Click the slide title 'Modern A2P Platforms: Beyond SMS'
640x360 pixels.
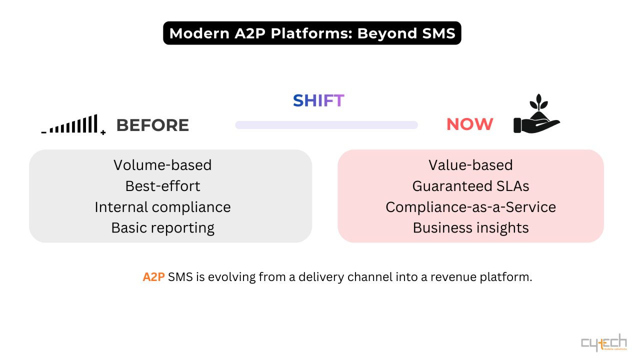click(x=312, y=33)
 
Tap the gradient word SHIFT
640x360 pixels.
click(x=318, y=100)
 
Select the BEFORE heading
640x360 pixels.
click(x=152, y=125)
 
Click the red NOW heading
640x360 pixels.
click(x=469, y=124)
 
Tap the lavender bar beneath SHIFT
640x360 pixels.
click(x=326, y=125)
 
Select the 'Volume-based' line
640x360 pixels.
click(x=162, y=165)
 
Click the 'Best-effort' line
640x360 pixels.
click(x=162, y=186)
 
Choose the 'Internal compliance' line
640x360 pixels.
click(x=162, y=207)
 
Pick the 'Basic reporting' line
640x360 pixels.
click(x=162, y=228)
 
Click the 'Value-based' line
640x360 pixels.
click(x=470, y=165)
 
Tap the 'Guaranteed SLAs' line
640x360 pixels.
click(x=470, y=186)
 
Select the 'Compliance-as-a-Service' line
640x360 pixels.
click(x=470, y=207)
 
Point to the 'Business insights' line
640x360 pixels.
click(x=470, y=228)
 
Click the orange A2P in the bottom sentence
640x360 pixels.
click(x=153, y=277)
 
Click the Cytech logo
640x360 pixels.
click(x=603, y=343)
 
